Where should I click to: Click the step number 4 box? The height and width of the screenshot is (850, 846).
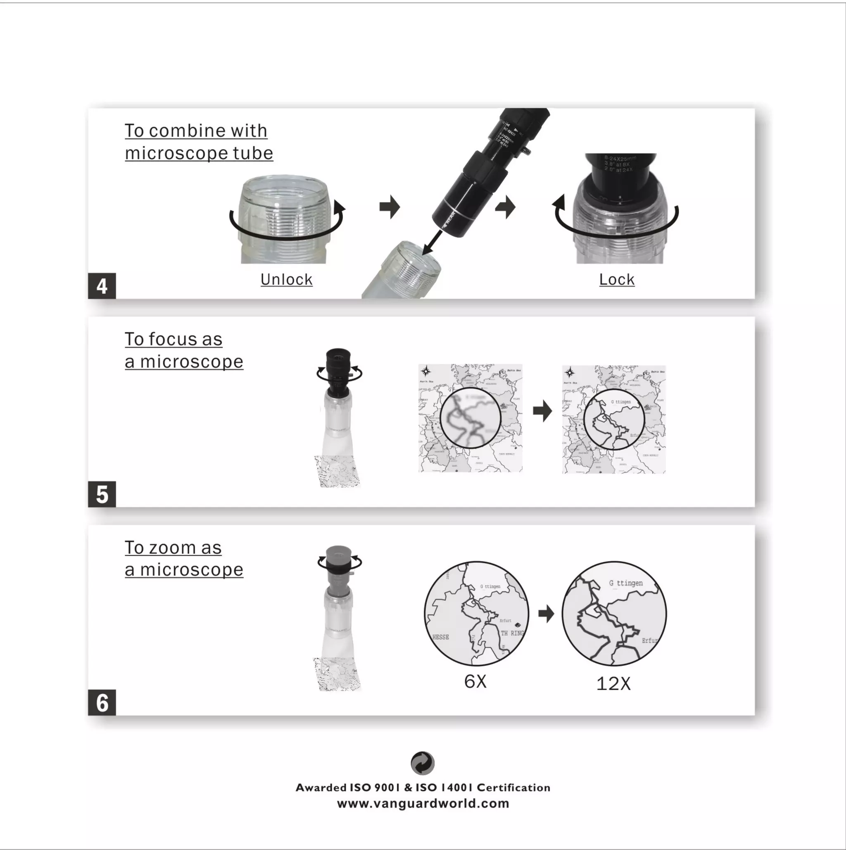(x=102, y=286)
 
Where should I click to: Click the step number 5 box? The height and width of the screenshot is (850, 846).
(x=102, y=494)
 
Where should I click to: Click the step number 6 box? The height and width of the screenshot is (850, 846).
(x=102, y=702)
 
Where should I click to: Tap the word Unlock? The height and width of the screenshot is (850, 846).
(x=286, y=279)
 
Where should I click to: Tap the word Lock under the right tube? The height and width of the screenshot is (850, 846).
(x=616, y=279)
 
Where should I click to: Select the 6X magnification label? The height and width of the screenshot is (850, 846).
(x=475, y=681)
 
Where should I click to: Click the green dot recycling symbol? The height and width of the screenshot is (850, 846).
(x=422, y=763)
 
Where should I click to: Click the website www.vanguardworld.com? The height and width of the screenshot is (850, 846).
(x=423, y=803)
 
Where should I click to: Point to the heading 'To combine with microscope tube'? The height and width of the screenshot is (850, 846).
(x=199, y=142)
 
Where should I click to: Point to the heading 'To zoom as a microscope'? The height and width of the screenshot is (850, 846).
(x=184, y=558)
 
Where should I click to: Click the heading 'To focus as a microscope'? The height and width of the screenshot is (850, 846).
(x=184, y=350)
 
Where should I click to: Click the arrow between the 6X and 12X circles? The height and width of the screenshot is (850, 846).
(x=546, y=613)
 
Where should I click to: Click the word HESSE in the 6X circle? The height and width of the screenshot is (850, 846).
(x=441, y=637)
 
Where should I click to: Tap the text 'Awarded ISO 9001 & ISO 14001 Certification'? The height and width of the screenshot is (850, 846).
(x=423, y=788)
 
